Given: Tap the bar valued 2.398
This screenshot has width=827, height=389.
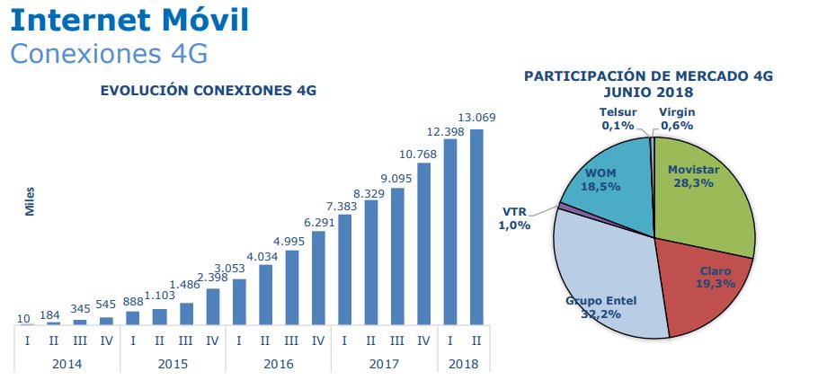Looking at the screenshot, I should point(213,305).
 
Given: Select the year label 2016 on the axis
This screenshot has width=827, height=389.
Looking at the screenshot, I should point(279,363).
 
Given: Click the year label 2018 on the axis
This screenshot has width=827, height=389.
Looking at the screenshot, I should point(464,363).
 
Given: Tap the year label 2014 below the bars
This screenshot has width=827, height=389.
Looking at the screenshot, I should point(67,363).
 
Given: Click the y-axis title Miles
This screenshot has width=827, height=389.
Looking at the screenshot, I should point(30,203).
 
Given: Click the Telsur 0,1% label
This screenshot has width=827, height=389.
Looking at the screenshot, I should point(618,119).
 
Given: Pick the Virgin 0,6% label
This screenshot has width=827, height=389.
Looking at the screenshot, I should point(676,119).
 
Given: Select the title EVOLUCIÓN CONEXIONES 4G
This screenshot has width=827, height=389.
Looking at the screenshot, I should point(208,91).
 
